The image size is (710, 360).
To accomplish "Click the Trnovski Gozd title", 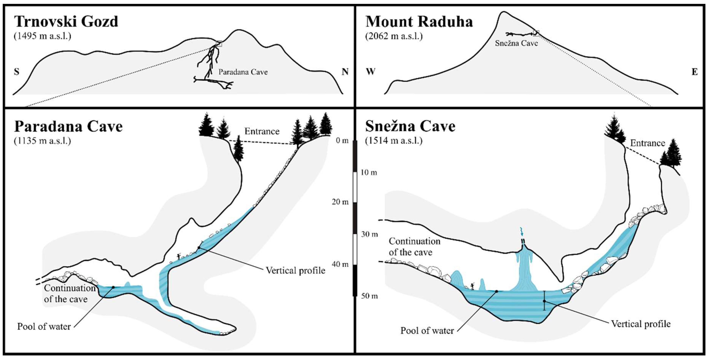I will click(x=66, y=22).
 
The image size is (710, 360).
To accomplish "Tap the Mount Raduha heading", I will click(x=419, y=22).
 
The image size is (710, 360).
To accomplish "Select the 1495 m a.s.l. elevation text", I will click(x=43, y=36).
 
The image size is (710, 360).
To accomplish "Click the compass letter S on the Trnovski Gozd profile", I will click(x=17, y=72).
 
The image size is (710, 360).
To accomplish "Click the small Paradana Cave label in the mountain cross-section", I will click(x=243, y=72).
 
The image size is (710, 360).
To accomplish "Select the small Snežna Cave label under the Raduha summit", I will click(x=516, y=43).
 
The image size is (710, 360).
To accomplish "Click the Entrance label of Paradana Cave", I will click(x=262, y=131).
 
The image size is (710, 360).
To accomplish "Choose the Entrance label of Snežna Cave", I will click(x=647, y=143).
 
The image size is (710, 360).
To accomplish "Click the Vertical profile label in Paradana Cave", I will click(x=295, y=270).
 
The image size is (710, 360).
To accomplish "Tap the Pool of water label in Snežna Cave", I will click(x=427, y=330).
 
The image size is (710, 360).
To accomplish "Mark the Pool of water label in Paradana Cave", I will click(x=44, y=326).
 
